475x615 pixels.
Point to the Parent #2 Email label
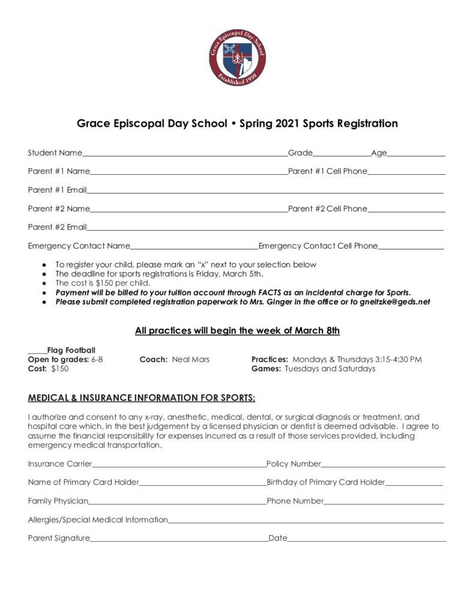point(57,227)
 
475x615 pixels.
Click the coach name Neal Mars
point(190,359)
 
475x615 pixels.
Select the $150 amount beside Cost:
point(59,369)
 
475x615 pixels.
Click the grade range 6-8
point(97,359)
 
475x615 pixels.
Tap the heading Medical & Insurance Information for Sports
point(142,398)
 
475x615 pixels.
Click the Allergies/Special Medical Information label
point(98,520)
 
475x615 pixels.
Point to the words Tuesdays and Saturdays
point(330,369)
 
